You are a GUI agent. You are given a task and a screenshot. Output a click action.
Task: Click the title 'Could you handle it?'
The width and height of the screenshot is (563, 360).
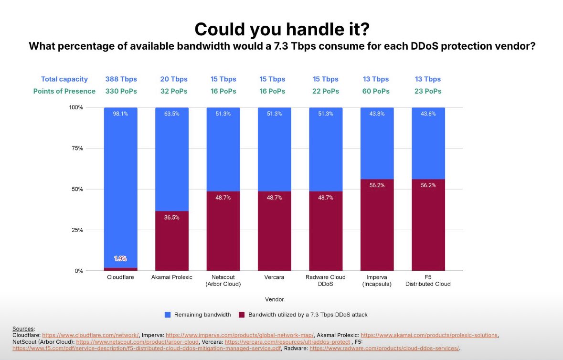(x=281, y=29)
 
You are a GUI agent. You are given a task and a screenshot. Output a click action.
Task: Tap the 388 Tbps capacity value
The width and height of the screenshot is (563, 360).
(x=121, y=79)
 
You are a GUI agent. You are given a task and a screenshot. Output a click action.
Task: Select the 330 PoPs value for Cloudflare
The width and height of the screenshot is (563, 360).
(x=121, y=91)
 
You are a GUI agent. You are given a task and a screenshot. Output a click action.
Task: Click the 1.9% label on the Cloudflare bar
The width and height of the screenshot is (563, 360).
(x=121, y=258)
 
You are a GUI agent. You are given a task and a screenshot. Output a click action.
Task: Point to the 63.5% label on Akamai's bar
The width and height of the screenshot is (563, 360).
(x=172, y=114)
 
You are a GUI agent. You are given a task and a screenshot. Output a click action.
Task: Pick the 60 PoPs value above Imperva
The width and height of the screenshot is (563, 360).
(x=377, y=91)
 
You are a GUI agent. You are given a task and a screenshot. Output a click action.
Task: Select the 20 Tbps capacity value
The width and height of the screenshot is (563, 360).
(x=174, y=79)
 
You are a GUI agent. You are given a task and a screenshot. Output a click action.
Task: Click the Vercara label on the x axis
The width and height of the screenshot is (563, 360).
(x=274, y=277)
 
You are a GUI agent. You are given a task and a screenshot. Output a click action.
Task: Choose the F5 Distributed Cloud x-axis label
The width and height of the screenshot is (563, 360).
(x=428, y=281)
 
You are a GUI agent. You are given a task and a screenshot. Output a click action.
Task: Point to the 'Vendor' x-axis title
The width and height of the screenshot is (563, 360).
(x=274, y=299)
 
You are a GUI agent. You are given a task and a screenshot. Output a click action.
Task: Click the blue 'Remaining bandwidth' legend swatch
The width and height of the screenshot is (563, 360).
(x=168, y=315)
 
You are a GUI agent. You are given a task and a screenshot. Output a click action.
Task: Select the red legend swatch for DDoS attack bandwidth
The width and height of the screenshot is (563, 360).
(x=242, y=315)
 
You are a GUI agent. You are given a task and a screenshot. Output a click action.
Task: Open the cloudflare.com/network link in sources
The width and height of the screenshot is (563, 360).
(x=90, y=335)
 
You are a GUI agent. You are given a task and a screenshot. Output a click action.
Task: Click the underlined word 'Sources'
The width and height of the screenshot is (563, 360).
(x=23, y=328)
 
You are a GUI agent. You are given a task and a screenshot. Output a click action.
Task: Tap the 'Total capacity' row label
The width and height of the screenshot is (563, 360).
(x=64, y=79)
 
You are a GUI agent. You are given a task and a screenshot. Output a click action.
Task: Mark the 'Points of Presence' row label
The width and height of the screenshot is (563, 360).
(x=64, y=91)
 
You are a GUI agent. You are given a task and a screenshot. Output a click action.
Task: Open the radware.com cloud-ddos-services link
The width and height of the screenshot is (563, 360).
(x=384, y=349)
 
